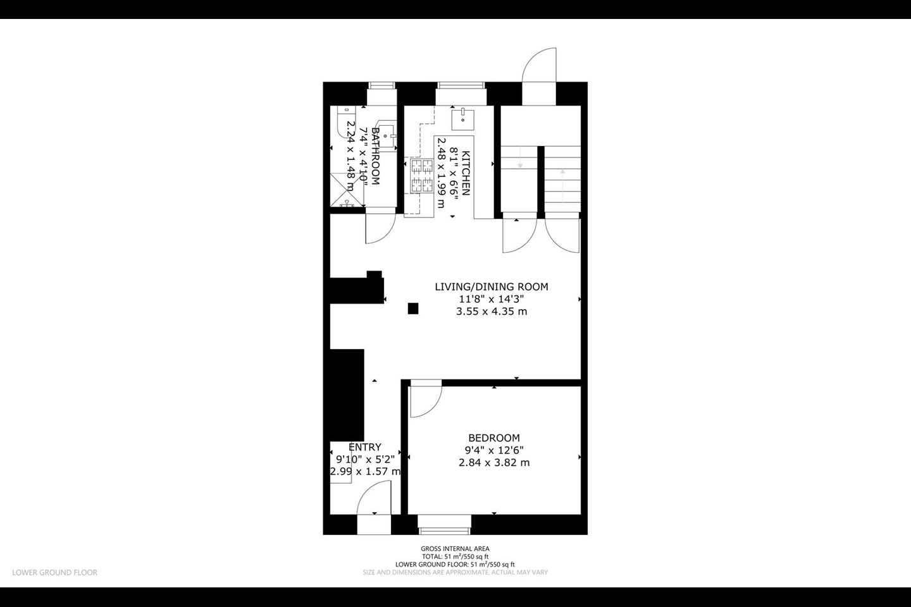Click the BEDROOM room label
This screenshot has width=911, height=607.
click(x=493, y=438)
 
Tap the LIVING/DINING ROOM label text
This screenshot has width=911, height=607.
click(x=491, y=286)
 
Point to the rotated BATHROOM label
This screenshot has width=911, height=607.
click(x=375, y=156)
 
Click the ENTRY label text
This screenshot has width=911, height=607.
click(x=364, y=447)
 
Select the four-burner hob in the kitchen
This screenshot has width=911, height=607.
click(x=421, y=176)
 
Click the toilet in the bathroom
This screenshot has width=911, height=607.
click(x=344, y=123)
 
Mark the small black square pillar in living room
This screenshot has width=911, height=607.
click(x=413, y=309)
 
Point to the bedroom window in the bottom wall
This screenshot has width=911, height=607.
click(x=444, y=521)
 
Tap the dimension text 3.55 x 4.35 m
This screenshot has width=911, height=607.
click(x=491, y=311)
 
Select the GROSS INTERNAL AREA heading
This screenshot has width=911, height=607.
click(x=455, y=549)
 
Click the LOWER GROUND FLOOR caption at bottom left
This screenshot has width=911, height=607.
click(x=55, y=572)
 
